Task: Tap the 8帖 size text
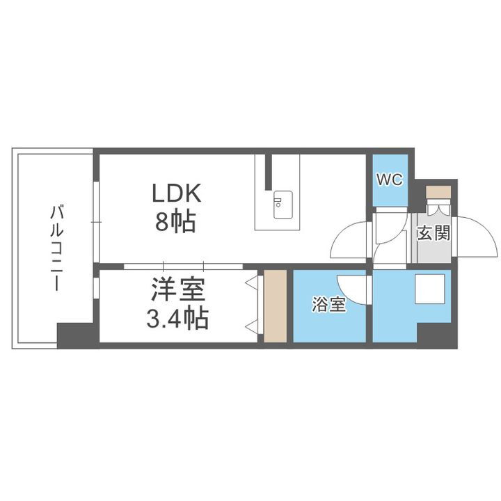coord(175,223)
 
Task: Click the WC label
coord(389,180)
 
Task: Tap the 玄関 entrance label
coord(434,233)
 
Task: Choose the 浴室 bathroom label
coord(328,305)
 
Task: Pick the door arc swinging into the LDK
coord(350,241)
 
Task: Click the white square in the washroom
coord(429,289)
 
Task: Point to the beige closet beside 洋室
coord(276,306)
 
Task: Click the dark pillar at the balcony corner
coord(76,336)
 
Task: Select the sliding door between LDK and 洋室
coord(183,265)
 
